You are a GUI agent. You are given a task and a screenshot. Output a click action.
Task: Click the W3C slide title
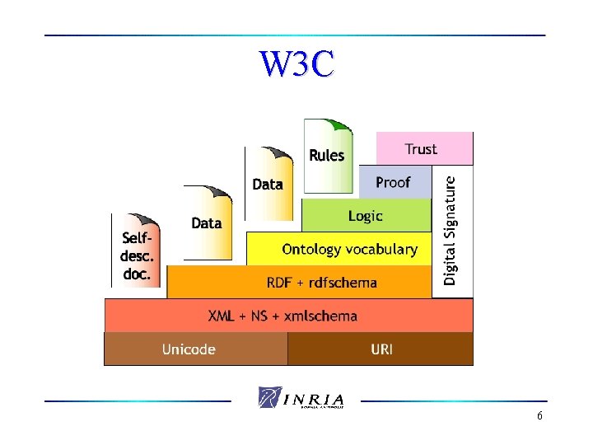(x=296, y=64)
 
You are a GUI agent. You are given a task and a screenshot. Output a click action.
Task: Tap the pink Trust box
(x=424, y=149)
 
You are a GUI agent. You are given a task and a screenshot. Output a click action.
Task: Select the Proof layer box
(x=395, y=182)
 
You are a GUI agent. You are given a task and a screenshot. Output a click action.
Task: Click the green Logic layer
(x=366, y=216)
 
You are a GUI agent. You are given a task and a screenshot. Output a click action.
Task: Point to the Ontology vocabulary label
(x=349, y=249)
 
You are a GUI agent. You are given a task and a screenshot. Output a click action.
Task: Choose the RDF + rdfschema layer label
(x=321, y=283)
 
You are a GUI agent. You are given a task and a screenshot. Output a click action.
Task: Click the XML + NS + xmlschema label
(x=282, y=316)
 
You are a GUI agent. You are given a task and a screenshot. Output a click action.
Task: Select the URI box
(x=381, y=349)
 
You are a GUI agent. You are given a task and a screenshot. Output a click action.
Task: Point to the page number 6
(x=539, y=416)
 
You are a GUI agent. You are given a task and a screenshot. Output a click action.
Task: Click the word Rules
(x=327, y=155)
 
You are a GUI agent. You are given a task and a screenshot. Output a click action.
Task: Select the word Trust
(x=421, y=149)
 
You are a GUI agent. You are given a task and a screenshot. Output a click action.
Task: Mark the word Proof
(x=393, y=182)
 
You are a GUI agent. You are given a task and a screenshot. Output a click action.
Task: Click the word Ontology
(x=312, y=249)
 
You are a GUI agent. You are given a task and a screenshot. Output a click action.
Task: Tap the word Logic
(x=366, y=216)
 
